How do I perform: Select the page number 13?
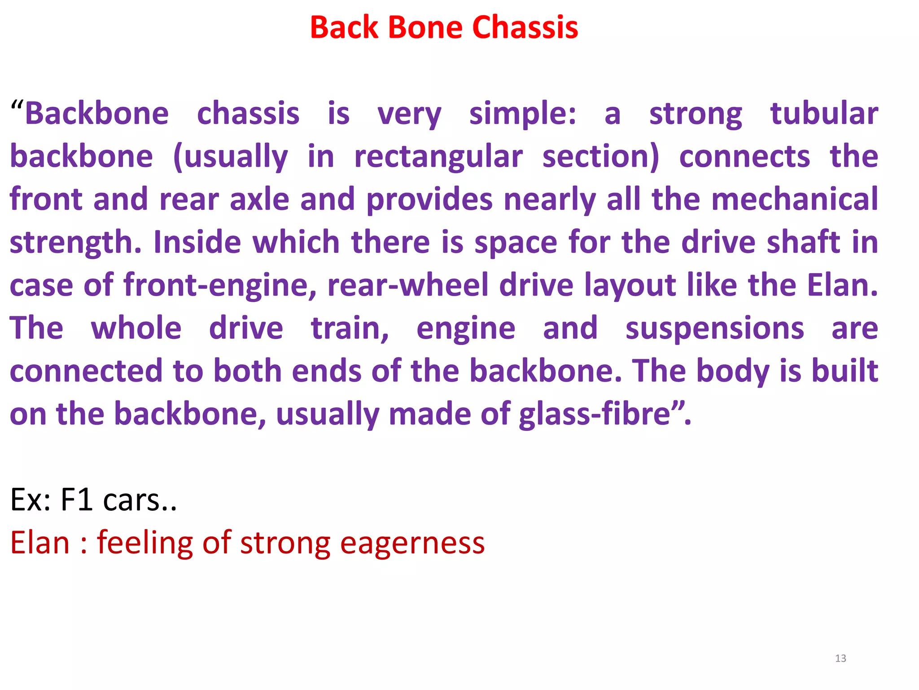[840, 659]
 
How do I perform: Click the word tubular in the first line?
[824, 114]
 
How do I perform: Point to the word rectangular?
[438, 157]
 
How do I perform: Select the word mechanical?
[795, 199]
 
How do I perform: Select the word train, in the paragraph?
[350, 329]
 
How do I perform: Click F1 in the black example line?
[76, 500]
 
